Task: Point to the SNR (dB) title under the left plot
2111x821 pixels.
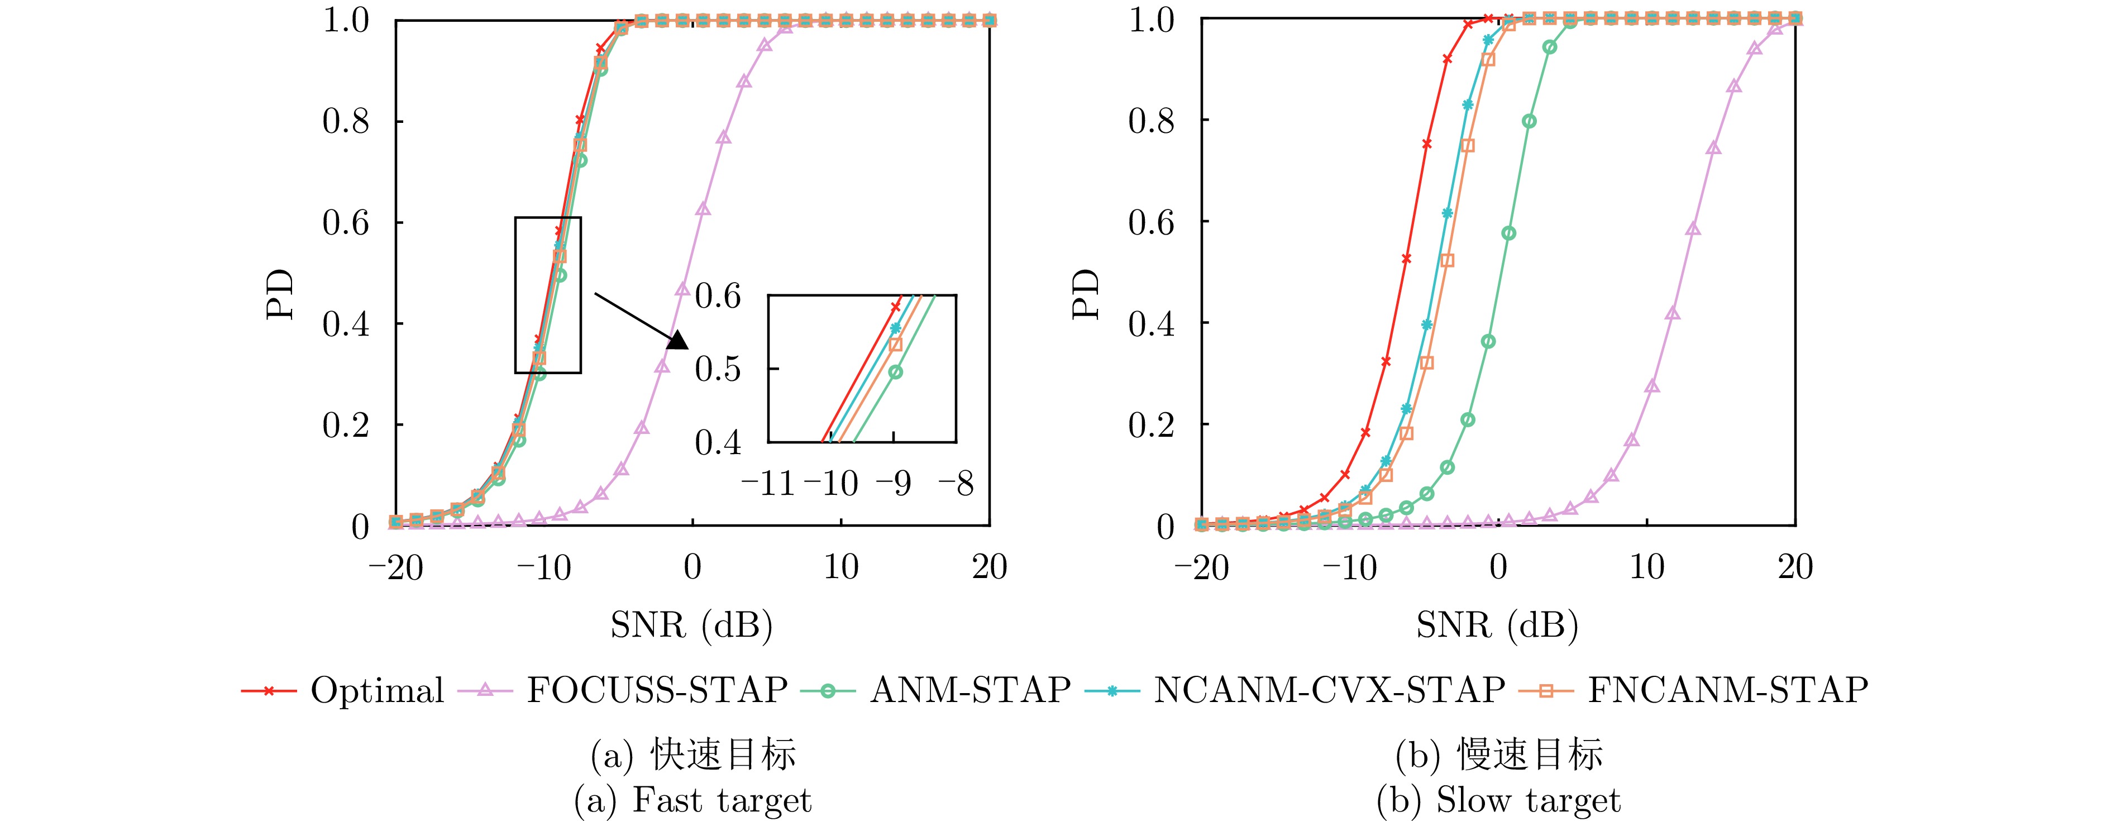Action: (x=691, y=626)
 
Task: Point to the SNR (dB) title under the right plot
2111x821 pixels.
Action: (x=1497, y=626)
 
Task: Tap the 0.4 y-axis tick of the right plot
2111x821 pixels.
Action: (x=1152, y=323)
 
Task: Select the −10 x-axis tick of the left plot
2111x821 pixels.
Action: (x=543, y=567)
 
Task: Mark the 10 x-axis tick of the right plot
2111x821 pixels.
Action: (x=1647, y=567)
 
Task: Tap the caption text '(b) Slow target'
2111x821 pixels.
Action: (x=1498, y=800)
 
